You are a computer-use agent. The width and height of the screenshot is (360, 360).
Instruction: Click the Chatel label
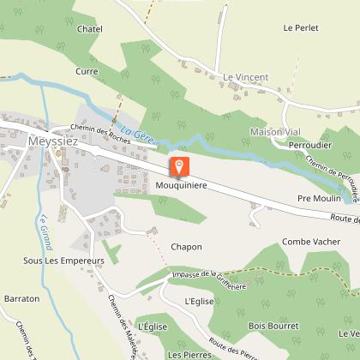click(90, 29)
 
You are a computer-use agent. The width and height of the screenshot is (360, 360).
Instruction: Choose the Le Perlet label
click(300, 27)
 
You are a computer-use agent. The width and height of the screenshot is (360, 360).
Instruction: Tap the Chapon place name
click(186, 247)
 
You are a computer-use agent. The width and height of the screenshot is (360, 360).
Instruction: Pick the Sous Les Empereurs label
click(63, 259)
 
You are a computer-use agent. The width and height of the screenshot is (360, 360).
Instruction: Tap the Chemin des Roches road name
click(95, 129)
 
